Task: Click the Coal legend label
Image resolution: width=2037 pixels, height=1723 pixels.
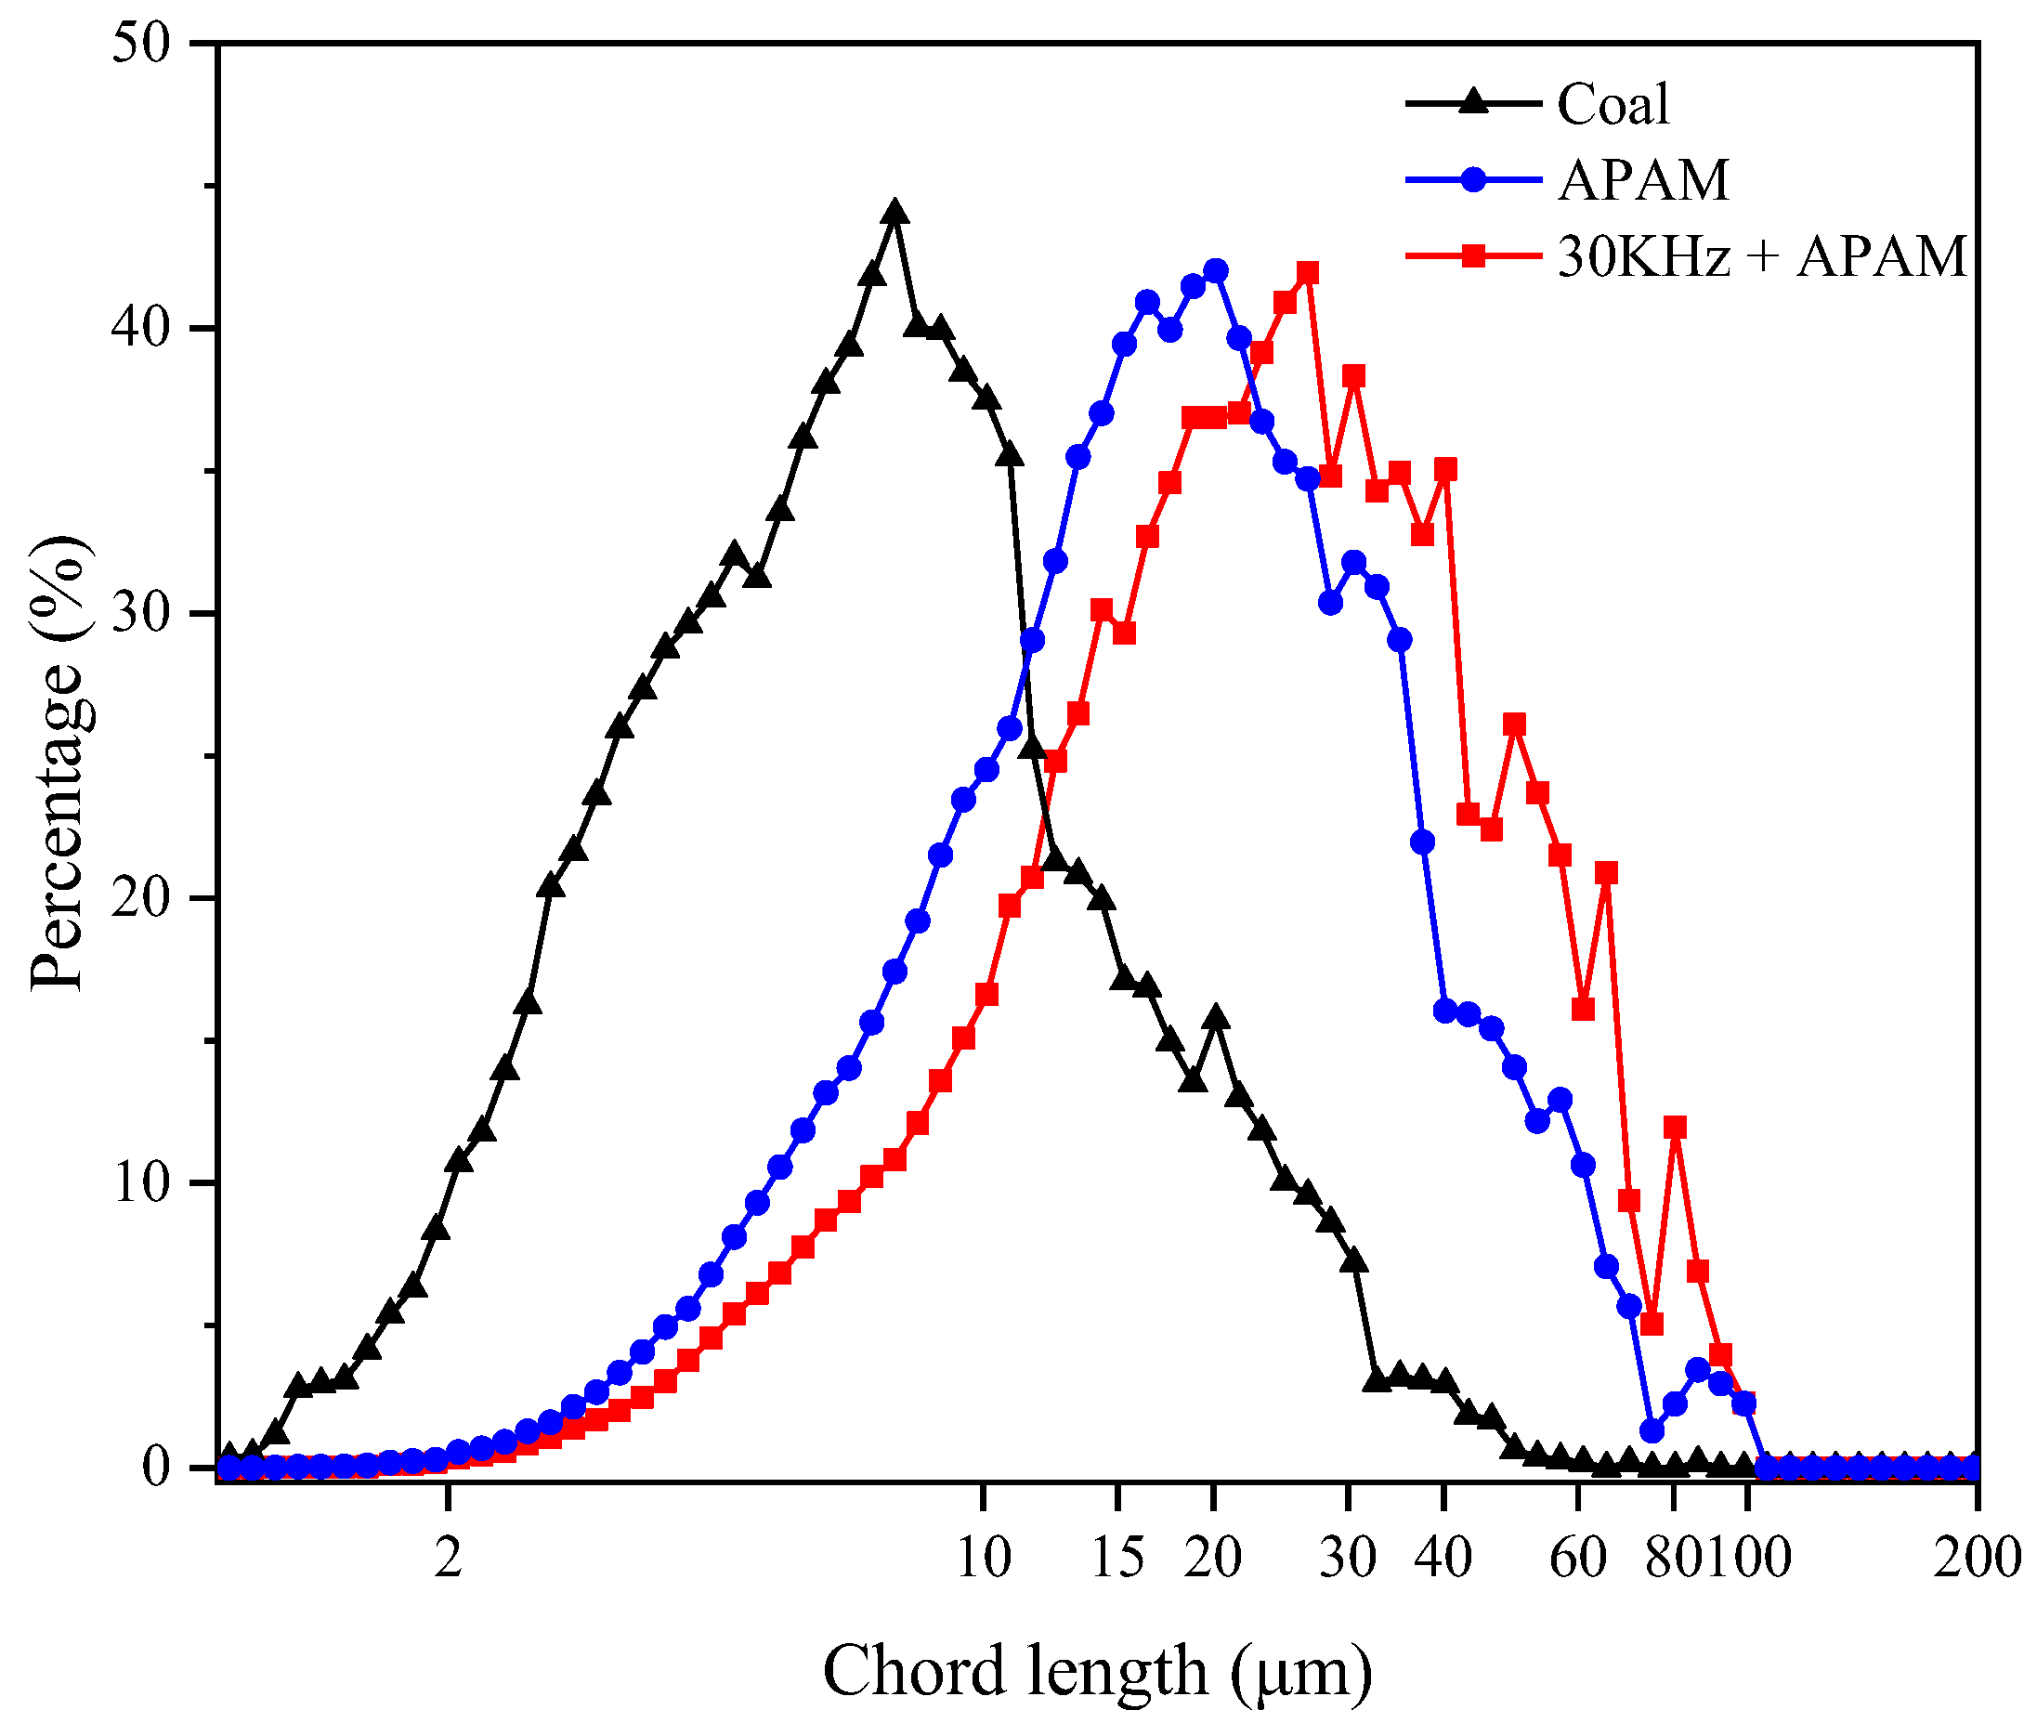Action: (1613, 105)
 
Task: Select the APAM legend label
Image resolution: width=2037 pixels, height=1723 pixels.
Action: (1643, 181)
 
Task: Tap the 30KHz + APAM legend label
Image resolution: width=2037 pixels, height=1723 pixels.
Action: (1760, 257)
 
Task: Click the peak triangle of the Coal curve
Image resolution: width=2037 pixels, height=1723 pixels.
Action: (894, 213)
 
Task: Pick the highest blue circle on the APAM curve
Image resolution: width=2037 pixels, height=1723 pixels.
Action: (1216, 270)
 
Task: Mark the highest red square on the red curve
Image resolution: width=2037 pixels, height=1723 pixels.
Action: (1308, 272)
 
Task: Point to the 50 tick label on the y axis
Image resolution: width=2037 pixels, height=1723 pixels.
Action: (141, 43)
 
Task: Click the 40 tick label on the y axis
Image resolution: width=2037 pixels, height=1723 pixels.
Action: (141, 328)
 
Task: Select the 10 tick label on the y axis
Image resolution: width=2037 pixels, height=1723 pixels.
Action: (141, 1182)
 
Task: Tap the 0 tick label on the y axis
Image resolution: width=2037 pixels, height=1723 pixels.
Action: (156, 1467)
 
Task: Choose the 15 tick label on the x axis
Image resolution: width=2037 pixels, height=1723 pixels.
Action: (1117, 1558)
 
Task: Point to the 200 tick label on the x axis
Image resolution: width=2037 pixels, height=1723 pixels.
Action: (1977, 1558)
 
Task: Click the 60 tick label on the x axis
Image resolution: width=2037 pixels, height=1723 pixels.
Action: (1577, 1558)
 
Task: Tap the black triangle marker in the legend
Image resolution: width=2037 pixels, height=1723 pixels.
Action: (1473, 102)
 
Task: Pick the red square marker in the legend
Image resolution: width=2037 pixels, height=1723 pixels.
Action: (1473, 257)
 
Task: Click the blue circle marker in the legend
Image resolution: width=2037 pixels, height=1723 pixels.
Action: (1473, 179)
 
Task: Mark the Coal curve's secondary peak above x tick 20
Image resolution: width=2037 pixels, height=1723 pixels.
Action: (1216, 1018)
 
